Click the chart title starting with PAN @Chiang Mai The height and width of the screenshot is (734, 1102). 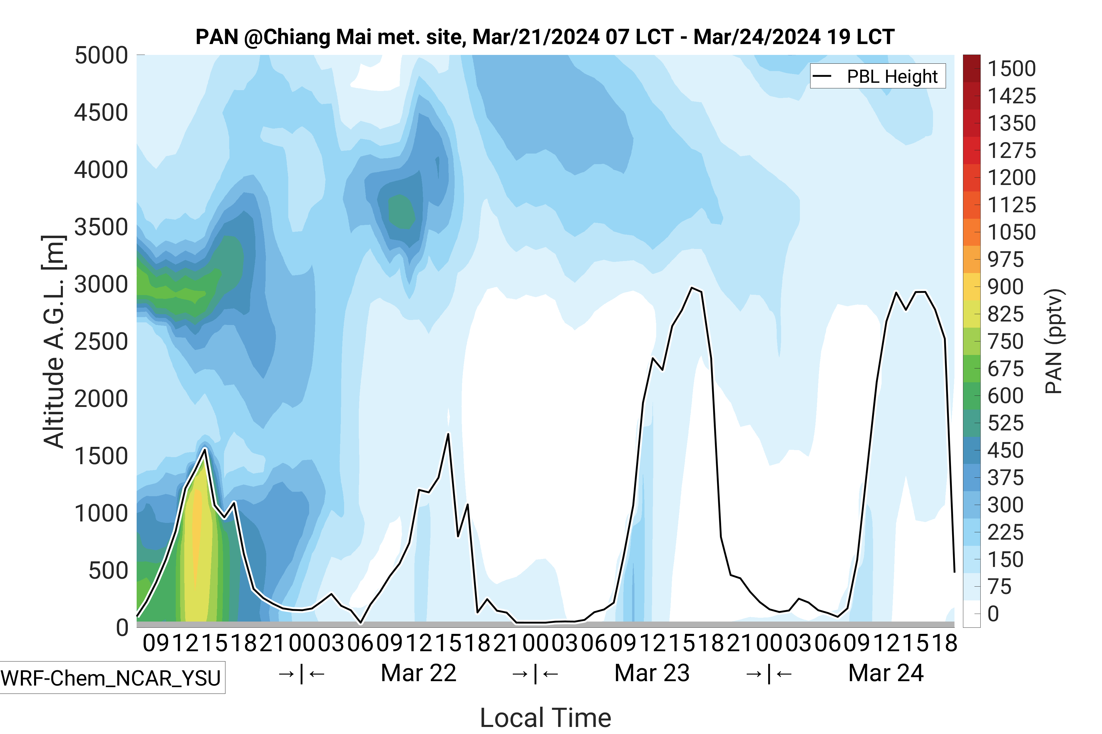[545, 37]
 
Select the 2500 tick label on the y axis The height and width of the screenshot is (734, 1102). [101, 342]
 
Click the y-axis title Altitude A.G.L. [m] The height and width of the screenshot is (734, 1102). [53, 342]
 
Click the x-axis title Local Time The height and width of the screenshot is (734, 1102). [545, 717]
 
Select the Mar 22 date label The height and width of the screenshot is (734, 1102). [418, 673]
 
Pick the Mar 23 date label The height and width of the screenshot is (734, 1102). [652, 673]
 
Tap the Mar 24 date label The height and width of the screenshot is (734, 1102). [885, 673]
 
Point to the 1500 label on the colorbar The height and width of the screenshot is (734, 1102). [1011, 69]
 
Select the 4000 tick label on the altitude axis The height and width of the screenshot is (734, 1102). [101, 170]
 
